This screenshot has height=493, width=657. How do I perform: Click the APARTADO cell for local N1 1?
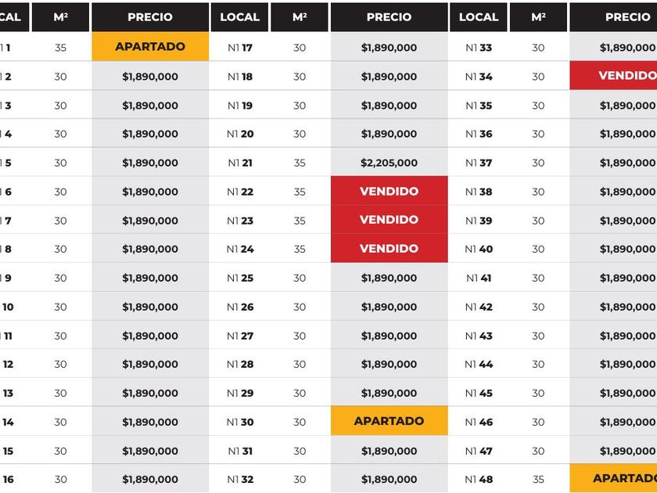coord(150,47)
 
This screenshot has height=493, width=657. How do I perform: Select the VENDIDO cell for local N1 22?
coord(389,192)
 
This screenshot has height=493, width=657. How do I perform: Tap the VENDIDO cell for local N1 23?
coord(389,220)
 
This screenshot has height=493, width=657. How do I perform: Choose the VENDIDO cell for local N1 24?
coord(389,249)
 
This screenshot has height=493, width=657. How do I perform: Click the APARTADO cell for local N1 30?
coord(389,421)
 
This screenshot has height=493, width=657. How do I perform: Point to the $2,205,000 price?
coord(389,163)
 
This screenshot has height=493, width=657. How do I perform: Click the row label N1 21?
coord(240,163)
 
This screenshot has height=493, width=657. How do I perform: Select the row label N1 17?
coord(240,48)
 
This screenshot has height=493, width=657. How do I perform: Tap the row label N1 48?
coord(479,479)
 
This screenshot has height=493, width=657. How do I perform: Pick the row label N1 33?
coord(479,48)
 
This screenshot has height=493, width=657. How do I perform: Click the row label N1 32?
coord(240,479)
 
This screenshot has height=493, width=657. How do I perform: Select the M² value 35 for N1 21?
coord(300,163)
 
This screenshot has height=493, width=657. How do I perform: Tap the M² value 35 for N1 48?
coord(538,479)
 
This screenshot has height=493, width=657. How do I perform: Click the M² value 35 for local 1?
coord(61,48)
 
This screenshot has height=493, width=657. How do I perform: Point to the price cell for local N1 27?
coord(389,336)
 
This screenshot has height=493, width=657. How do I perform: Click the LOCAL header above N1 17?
coord(239,16)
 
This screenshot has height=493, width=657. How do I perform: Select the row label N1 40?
coord(479,249)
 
